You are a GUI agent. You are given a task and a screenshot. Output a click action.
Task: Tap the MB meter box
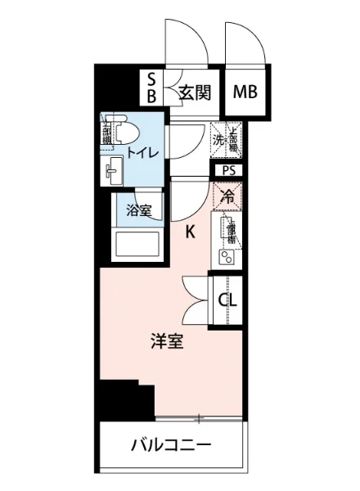pyautogui.click(x=245, y=91)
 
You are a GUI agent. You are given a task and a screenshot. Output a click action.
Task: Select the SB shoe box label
pyautogui.click(x=152, y=86)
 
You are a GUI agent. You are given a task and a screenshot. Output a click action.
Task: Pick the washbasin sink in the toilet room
pyautogui.click(x=111, y=172)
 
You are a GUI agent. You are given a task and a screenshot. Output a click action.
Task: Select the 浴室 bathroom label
pyautogui.click(x=138, y=210)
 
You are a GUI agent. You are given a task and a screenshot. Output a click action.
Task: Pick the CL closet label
pyautogui.click(x=228, y=300)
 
